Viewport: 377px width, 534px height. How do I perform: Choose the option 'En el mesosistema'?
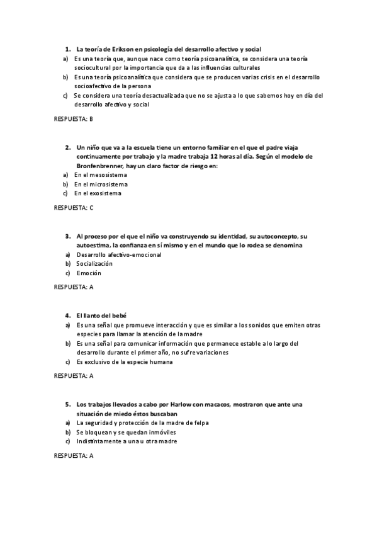pos(101,175)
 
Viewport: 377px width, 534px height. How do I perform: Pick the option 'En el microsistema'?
pos(101,185)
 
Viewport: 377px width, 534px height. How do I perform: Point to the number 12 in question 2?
pos(215,156)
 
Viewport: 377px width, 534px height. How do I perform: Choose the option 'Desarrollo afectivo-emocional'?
pos(119,255)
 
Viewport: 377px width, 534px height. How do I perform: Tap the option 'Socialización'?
pos(94,264)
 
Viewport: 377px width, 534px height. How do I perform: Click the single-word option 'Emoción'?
pos(89,273)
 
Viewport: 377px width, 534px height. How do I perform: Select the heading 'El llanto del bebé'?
pos(101,315)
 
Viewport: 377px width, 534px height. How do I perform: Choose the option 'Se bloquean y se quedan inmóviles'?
pos(126,433)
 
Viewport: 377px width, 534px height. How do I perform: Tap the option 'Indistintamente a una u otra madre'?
pos(127,442)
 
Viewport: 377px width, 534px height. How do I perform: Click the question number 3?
pos(67,236)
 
